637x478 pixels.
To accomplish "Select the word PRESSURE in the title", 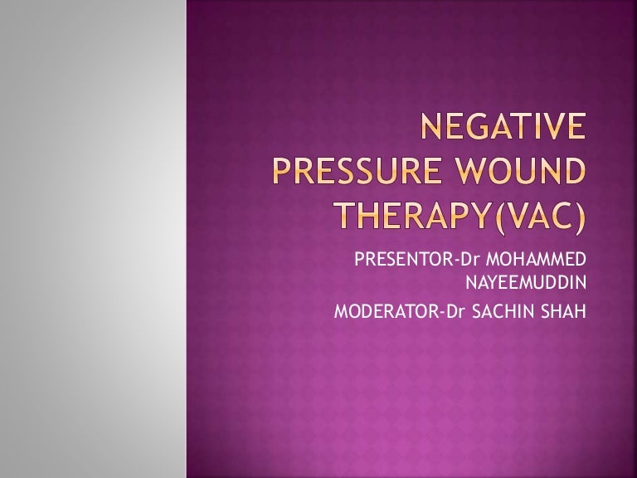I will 348,173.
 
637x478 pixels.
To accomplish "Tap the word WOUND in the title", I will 516,173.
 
